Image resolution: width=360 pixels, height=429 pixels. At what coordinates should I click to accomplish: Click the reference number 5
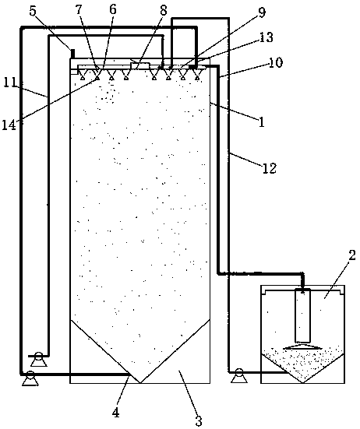tap(34, 12)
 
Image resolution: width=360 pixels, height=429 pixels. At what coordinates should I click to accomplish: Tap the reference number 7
tap(79, 10)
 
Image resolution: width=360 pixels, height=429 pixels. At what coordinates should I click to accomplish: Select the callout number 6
tap(112, 9)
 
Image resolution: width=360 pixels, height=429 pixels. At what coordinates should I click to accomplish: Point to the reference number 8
tap(164, 11)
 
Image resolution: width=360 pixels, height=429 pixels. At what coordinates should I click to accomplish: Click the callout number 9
tap(262, 13)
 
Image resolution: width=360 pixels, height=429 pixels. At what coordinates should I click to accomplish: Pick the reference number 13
tap(266, 37)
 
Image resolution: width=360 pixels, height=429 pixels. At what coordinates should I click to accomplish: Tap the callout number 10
tap(276, 62)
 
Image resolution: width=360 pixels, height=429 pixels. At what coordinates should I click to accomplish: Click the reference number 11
tap(9, 83)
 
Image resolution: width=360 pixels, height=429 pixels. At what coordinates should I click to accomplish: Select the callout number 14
tap(9, 126)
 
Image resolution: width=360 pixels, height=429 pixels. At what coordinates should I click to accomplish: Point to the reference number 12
tap(270, 168)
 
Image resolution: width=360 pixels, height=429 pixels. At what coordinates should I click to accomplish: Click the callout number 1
tap(262, 122)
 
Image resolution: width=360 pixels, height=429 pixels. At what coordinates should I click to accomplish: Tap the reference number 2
tap(352, 255)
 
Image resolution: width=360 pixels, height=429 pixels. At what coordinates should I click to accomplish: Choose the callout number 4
tap(116, 413)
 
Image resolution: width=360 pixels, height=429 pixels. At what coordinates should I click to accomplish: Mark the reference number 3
tap(199, 421)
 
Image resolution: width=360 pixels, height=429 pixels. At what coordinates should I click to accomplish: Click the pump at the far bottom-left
tap(30, 378)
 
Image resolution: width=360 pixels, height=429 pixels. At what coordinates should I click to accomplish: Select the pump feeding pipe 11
tap(38, 359)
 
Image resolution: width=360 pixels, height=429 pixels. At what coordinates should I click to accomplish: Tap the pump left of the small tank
tap(238, 375)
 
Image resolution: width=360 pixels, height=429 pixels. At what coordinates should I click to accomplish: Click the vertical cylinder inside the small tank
tap(303, 317)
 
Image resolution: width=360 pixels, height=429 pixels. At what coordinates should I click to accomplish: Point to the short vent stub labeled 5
tap(72, 54)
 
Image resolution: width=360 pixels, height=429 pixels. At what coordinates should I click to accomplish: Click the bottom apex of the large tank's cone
tap(140, 383)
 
